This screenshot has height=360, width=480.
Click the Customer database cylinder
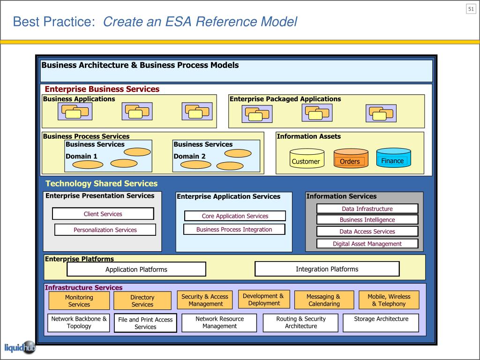(307, 158)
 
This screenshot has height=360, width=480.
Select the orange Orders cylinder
(351, 158)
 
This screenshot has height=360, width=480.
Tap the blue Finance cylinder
(393, 157)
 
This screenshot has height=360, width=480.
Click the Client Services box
(103, 214)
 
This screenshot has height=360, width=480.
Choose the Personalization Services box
(105, 230)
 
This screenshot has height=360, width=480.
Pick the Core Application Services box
(235, 216)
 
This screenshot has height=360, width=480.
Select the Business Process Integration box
(234, 229)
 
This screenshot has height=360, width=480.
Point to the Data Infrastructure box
(367, 209)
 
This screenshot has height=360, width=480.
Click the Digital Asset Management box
(367, 244)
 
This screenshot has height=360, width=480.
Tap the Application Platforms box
(136, 269)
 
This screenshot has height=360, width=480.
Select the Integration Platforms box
(327, 269)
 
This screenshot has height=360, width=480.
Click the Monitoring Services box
(79, 300)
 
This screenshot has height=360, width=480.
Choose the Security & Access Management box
(205, 300)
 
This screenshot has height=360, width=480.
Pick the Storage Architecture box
(381, 322)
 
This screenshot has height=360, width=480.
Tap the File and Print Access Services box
(145, 323)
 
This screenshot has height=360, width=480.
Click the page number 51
(471, 9)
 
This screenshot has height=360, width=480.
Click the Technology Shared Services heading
(101, 183)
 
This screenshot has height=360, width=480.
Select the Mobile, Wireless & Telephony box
(389, 300)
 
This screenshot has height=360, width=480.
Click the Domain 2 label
(189, 156)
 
